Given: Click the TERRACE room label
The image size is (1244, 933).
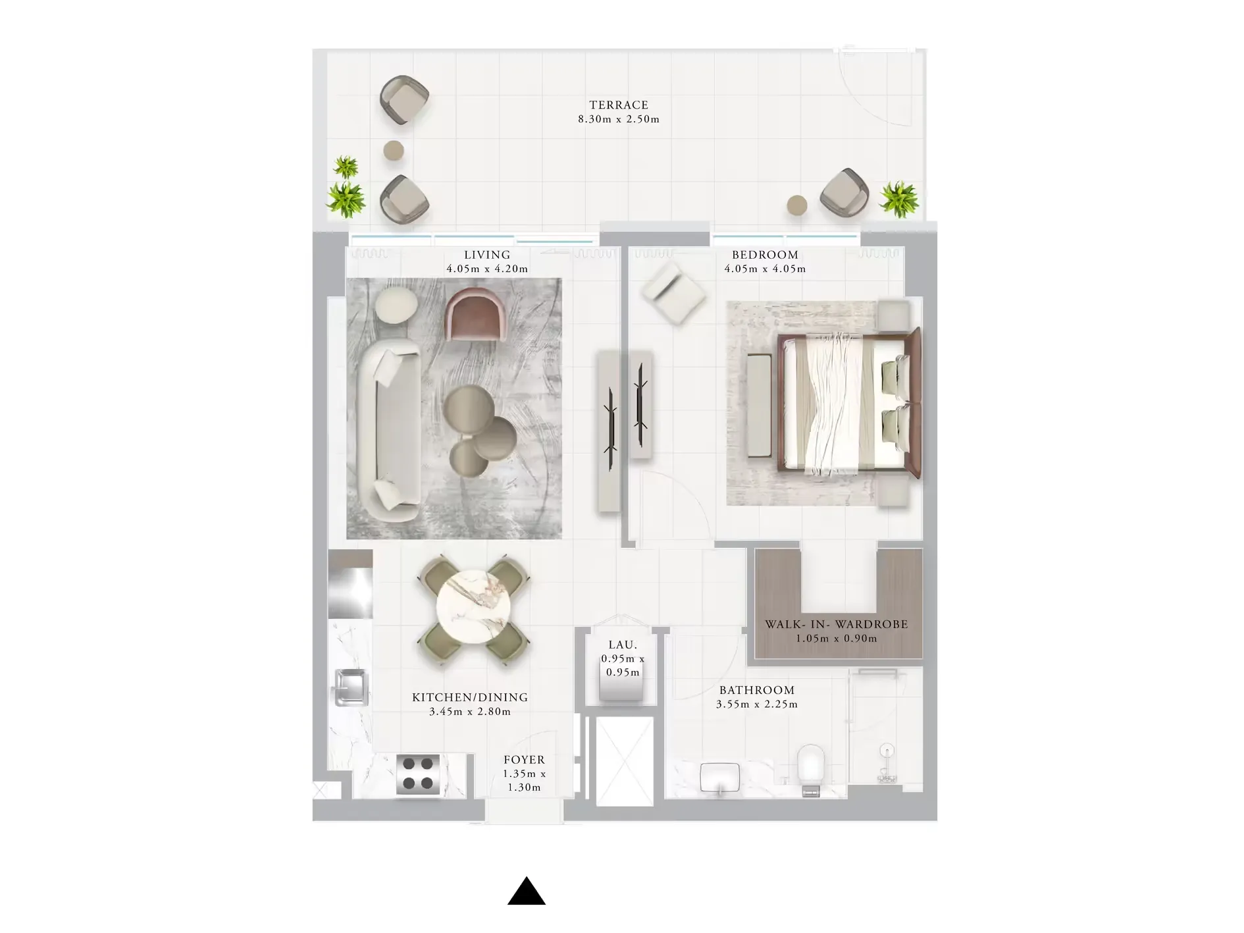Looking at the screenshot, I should point(619,105).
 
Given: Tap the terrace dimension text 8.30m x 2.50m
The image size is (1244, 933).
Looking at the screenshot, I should point(619,119).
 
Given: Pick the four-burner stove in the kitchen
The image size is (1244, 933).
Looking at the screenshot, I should point(418,774).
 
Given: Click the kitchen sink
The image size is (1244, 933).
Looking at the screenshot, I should point(351,687).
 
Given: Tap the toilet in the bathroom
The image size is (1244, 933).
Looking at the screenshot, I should point(811,767).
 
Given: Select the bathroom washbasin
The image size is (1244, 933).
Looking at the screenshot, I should point(721,778).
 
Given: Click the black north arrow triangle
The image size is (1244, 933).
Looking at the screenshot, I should point(527,892).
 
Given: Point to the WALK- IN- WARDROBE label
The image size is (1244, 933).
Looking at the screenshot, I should point(836,624).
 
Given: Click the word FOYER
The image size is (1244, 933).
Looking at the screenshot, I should point(524,760).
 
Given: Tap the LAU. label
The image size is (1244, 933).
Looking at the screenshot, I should point(623,645).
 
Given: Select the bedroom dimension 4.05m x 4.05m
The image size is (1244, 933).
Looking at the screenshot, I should point(765,269).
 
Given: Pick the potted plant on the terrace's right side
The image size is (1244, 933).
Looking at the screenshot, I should point(899,198).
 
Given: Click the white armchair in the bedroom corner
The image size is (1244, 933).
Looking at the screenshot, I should point(673,292).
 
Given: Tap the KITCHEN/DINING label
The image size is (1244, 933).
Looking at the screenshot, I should point(470,697).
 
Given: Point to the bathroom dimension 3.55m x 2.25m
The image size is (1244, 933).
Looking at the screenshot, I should point(757,704).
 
